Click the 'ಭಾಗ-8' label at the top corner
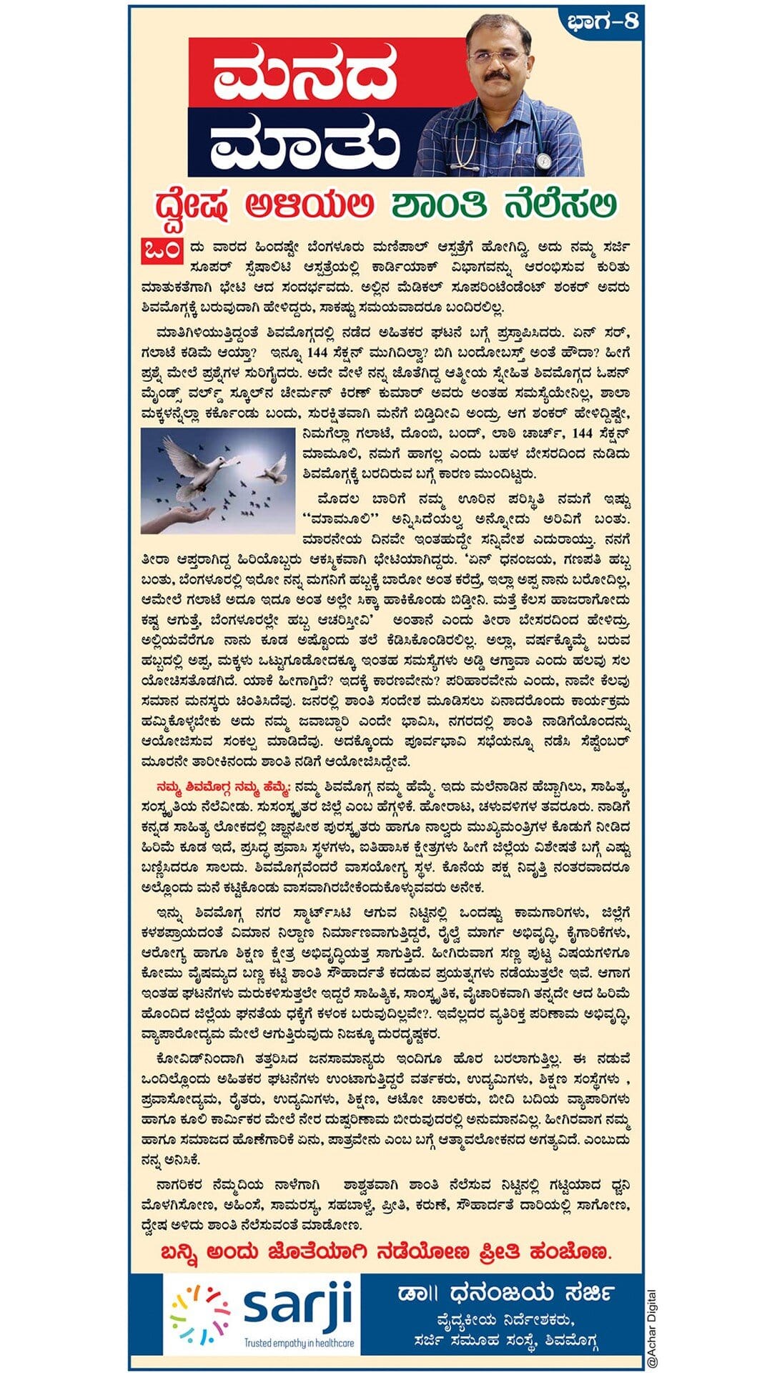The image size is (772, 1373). coord(602,21)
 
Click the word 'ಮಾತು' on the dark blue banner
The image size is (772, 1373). coord(305,142)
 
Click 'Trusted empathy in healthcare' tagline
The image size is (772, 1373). coord(299,1343)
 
